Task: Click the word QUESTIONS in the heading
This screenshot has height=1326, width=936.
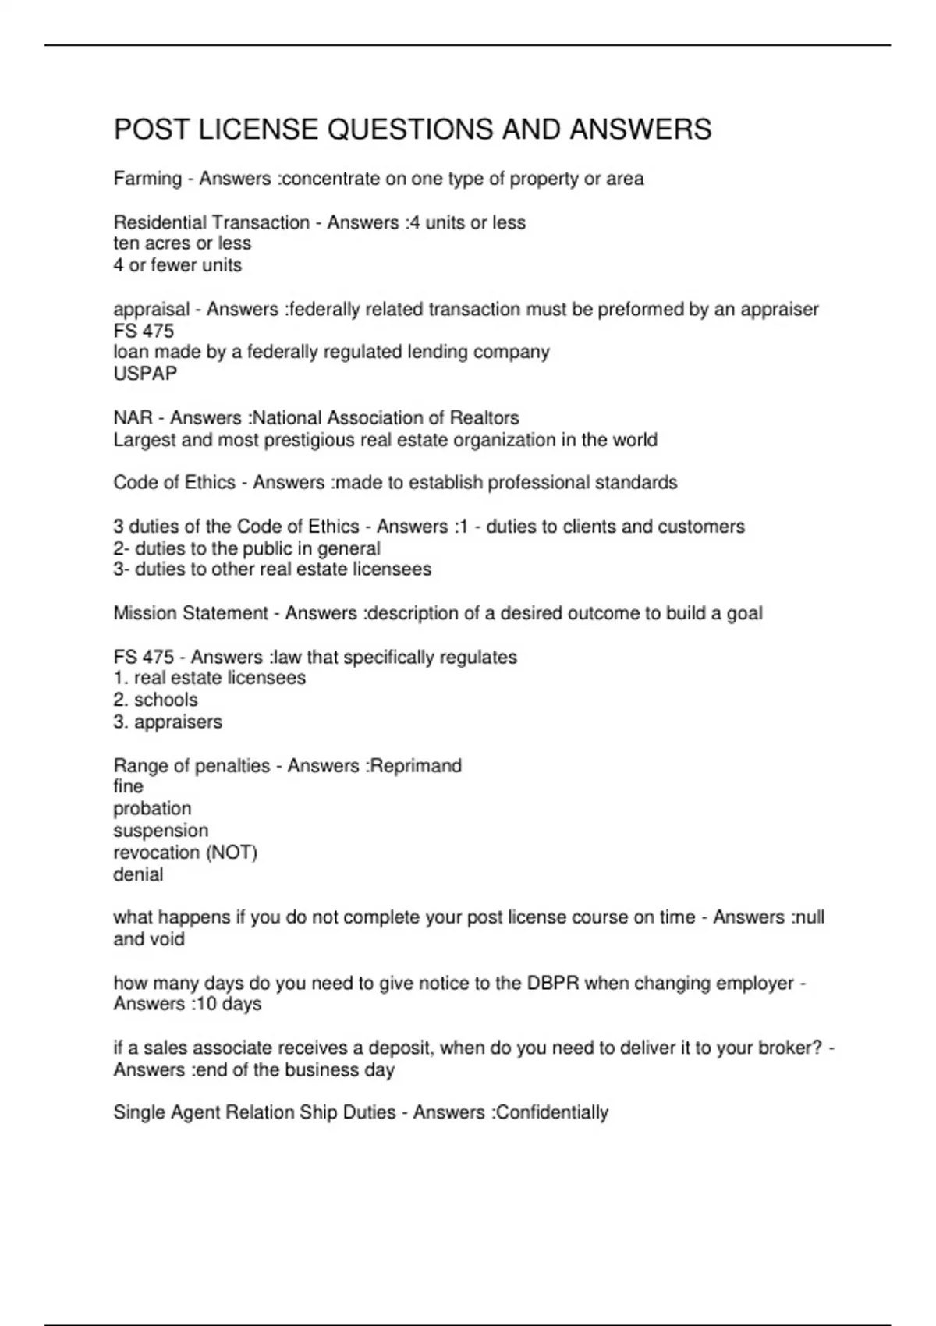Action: point(410,129)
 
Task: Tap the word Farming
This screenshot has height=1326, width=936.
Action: point(147,179)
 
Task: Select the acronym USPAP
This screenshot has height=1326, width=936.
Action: point(145,374)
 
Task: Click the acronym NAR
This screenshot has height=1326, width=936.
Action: point(133,418)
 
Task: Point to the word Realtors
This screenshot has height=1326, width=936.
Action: point(484,418)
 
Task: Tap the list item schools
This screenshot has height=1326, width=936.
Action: point(165,700)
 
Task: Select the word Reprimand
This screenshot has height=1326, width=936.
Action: point(416,765)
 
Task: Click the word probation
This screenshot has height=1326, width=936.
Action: point(152,809)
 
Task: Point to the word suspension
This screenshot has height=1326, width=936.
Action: point(161,831)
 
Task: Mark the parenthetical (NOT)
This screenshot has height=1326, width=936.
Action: point(232,853)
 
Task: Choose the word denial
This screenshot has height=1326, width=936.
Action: point(138,874)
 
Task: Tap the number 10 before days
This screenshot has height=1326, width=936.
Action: point(205,1004)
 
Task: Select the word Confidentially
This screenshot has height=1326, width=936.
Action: point(552,1112)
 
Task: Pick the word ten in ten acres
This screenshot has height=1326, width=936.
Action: point(126,244)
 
